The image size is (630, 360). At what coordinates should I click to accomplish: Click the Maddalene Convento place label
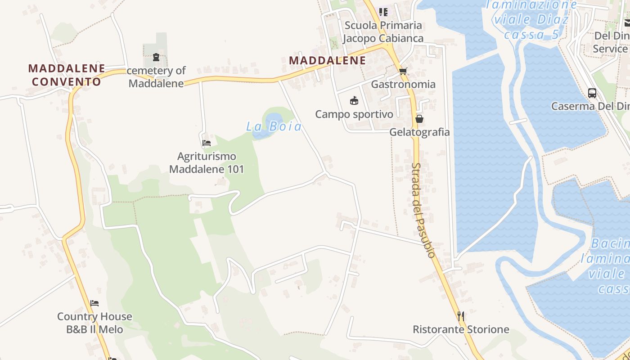pos(67,75)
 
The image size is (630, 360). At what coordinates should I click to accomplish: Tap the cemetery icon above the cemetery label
pos(156,57)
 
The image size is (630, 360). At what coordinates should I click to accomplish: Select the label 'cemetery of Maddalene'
pos(156,77)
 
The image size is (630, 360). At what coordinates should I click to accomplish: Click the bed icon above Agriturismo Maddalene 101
pos(207,143)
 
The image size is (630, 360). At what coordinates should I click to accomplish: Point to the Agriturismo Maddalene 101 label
pos(207,163)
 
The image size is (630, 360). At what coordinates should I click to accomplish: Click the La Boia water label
pos(274,127)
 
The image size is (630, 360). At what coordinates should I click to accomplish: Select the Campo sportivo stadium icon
pos(354,100)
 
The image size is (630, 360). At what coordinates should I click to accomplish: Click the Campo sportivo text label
pos(354,114)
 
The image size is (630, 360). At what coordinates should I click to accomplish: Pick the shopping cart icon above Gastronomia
pos(403,71)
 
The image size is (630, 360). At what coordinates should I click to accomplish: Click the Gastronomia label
pos(403,84)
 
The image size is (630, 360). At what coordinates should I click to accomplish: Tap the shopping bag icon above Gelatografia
pos(419,119)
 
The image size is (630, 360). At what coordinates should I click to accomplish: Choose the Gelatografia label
pos(419,132)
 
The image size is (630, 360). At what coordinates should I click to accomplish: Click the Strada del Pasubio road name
pos(423,210)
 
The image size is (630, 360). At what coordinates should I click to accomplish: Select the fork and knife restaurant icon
pos(461,316)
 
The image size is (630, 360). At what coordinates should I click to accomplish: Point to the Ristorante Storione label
pos(461,329)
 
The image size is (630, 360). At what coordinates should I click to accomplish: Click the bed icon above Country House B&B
pos(94,303)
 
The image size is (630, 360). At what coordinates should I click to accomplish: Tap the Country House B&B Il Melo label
pos(94,323)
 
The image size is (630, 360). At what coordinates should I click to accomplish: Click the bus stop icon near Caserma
pos(592,93)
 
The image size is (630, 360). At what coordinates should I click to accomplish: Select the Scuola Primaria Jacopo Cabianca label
pos(383,31)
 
